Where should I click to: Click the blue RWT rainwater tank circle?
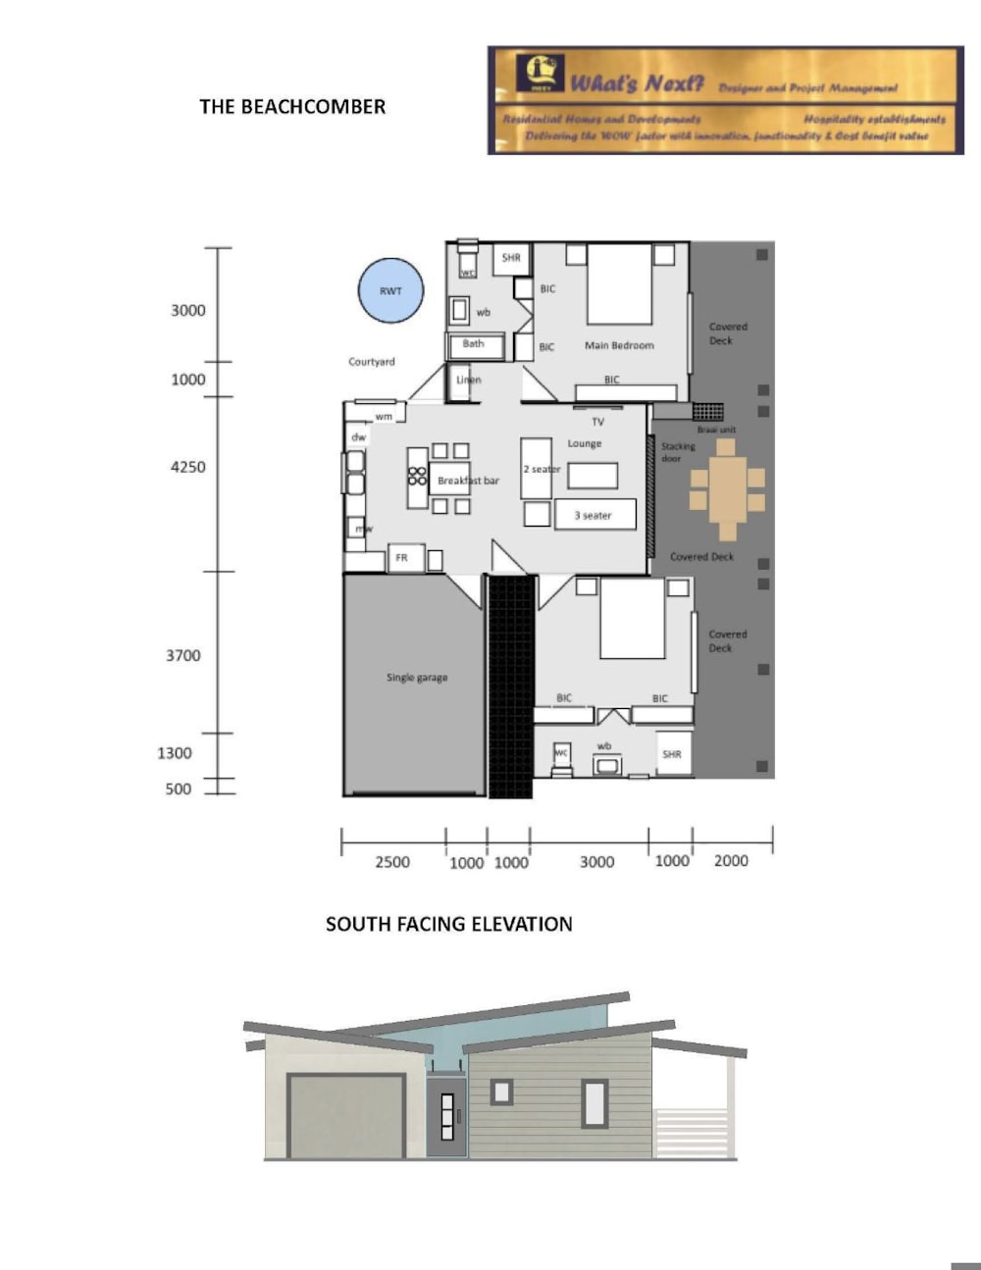pos(389,290)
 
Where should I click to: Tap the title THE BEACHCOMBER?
pos(292,107)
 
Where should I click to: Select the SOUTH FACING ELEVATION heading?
pos(448,924)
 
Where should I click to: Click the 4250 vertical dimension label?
pos(188,467)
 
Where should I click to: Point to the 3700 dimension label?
pos(183,655)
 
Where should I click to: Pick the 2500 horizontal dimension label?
pos(392,862)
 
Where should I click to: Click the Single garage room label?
pos(416,678)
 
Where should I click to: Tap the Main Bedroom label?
pos(619,345)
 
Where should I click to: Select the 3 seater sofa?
pos(594,515)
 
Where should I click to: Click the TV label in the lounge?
pos(598,422)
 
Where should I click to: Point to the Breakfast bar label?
pos(468,481)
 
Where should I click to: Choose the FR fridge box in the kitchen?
pos(402,558)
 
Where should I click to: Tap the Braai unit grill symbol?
pos(707,411)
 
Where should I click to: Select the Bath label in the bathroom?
pos(474,344)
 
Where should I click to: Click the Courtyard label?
pos(372,362)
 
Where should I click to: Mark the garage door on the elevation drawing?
pos(346,1116)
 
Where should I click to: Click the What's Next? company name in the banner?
pos(638,83)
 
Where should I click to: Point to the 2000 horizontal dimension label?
pos(731,861)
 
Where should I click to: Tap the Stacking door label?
pos(677,452)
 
